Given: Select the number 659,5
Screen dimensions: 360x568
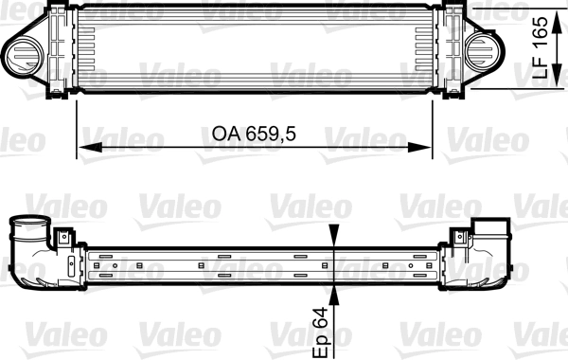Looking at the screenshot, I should coord(264,135).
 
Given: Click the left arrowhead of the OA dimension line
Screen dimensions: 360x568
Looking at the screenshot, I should coord(83,147).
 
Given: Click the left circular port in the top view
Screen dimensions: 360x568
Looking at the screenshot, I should coord(21,53).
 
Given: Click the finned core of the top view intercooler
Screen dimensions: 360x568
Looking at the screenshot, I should coord(256,47).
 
